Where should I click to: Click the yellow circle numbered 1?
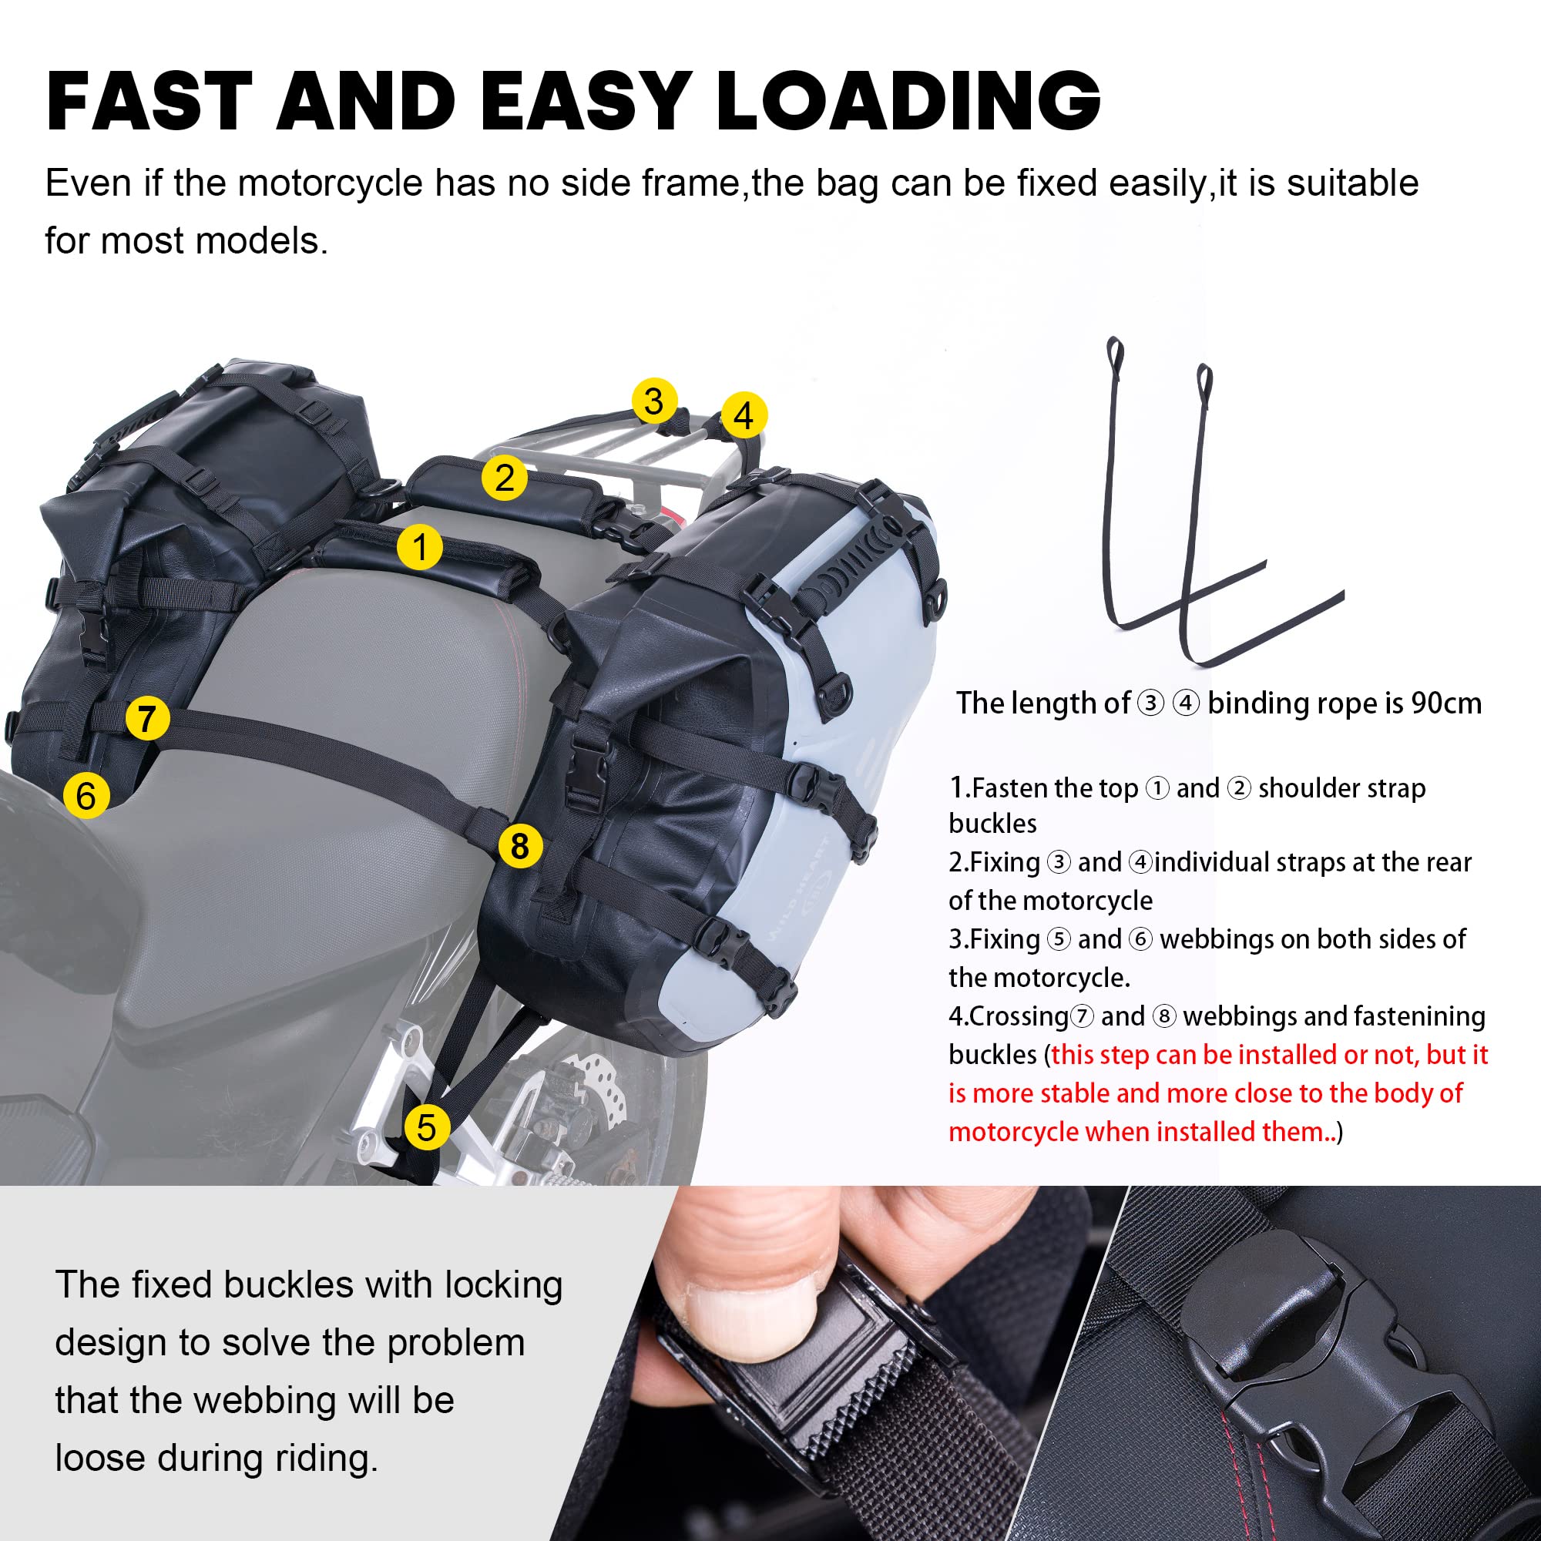[x=420, y=547]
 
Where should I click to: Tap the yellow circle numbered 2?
[x=504, y=478]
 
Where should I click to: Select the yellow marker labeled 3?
[x=654, y=401]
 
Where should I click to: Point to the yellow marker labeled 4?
[x=744, y=415]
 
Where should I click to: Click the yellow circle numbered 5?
[x=427, y=1127]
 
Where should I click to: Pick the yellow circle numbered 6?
[x=86, y=795]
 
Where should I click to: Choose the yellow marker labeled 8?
[x=520, y=845]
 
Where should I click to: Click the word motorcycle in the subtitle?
[x=330, y=183]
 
